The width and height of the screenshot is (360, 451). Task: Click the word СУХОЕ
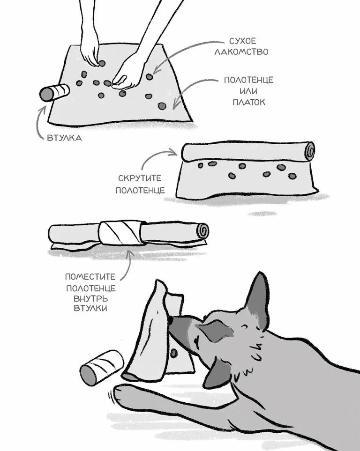click(x=242, y=41)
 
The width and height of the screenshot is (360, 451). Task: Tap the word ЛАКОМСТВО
click(x=241, y=52)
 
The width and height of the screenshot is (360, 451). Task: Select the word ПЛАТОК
click(x=249, y=102)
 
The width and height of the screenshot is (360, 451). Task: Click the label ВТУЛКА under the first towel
click(x=64, y=138)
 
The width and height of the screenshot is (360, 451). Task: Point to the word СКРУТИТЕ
click(x=140, y=178)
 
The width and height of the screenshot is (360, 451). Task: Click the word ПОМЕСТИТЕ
click(x=90, y=277)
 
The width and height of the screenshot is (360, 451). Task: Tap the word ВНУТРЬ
click(x=91, y=298)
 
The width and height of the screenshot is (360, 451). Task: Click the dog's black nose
click(x=171, y=319)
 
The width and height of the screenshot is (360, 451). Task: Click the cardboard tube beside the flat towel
click(x=54, y=93)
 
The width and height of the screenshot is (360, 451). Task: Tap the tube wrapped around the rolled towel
click(x=121, y=232)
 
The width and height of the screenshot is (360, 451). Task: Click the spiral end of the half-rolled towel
click(x=310, y=151)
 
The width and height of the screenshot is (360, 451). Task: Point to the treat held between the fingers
click(x=102, y=63)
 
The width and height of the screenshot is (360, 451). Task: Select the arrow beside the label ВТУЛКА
click(x=40, y=121)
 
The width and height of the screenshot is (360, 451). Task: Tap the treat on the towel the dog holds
click(x=173, y=353)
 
